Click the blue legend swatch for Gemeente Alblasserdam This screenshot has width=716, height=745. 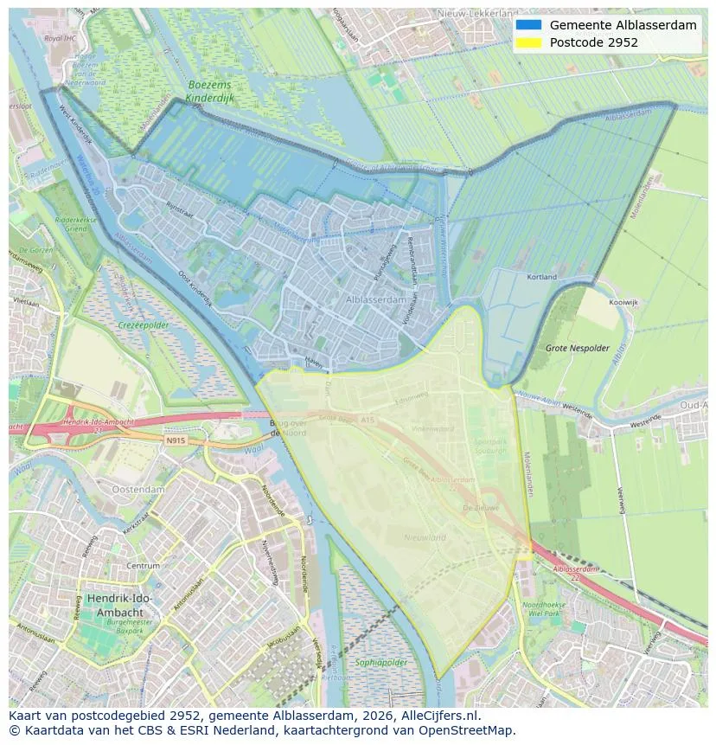[x=528, y=25]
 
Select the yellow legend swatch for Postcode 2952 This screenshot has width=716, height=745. [x=528, y=42]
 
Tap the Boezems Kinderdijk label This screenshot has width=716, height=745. [x=211, y=93]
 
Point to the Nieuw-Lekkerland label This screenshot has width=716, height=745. [x=478, y=14]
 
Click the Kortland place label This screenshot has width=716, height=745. [x=542, y=277]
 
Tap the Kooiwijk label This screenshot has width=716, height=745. [x=623, y=303]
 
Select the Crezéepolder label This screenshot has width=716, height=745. [x=144, y=325]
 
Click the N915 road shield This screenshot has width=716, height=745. [x=176, y=440]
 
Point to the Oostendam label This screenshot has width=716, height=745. [x=137, y=489]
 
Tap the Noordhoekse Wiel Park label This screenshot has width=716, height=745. [x=544, y=609]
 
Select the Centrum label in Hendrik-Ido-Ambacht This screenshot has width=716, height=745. [x=144, y=566]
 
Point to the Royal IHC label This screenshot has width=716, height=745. [x=61, y=39]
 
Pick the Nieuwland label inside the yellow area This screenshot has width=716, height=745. [x=425, y=537]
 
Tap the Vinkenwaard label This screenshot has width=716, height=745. [x=432, y=427]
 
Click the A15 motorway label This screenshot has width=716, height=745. [x=368, y=420]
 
